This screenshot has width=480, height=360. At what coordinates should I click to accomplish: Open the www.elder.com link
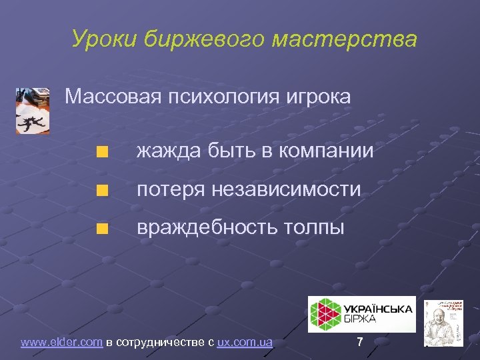[x=61, y=343]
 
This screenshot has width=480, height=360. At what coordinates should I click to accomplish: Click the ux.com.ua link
[x=245, y=343]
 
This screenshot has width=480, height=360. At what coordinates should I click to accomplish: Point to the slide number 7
[x=360, y=343]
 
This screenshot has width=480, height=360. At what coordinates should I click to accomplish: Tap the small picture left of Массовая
[x=32, y=110]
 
